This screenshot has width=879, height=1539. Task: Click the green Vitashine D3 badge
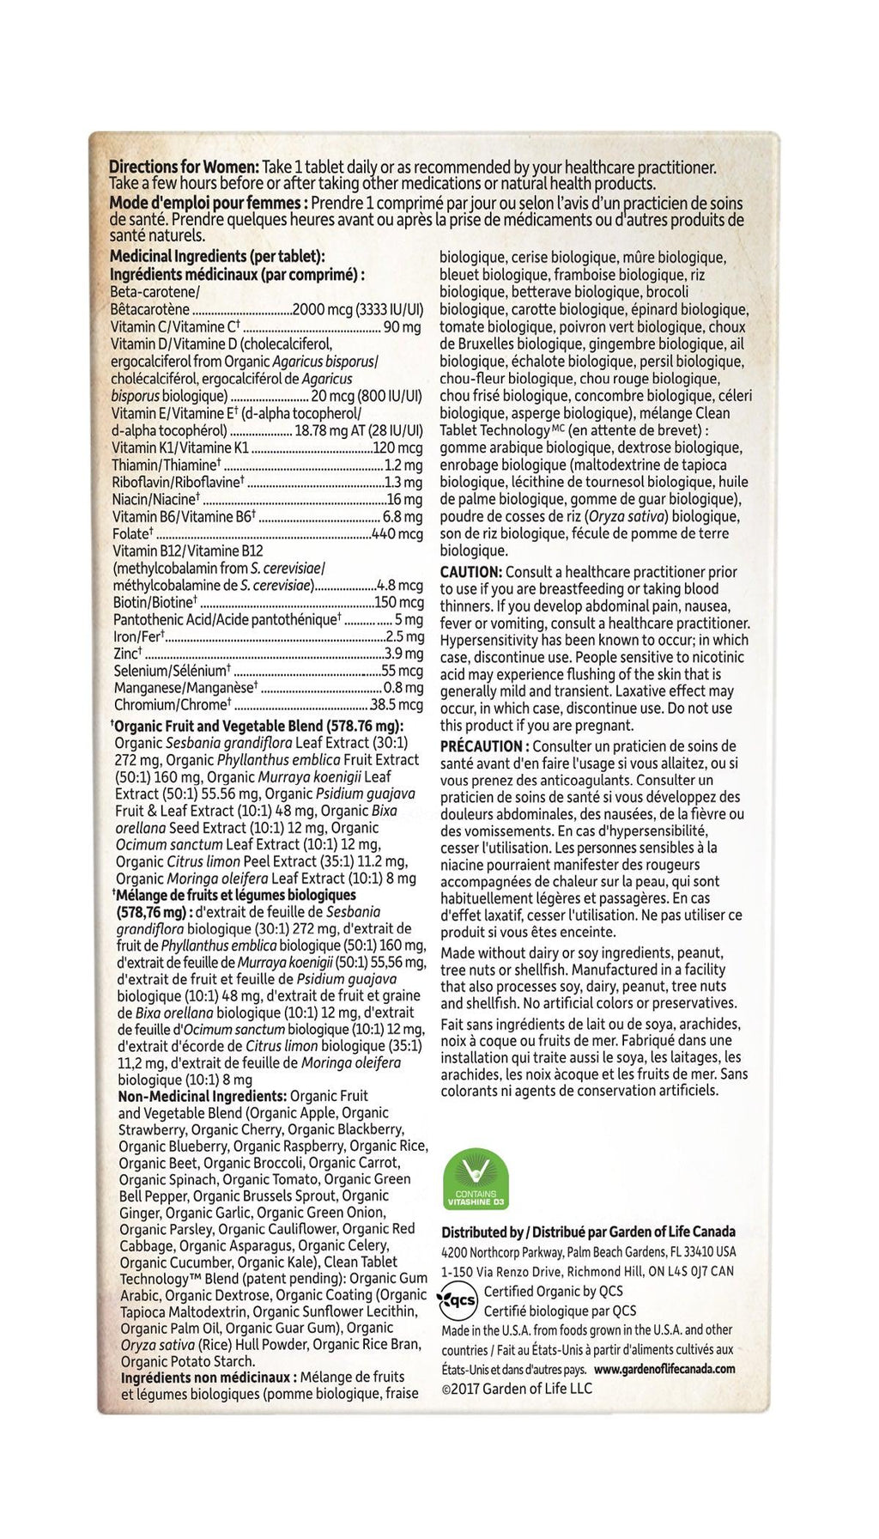[x=475, y=1182]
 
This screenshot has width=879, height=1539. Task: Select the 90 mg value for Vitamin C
[x=402, y=327]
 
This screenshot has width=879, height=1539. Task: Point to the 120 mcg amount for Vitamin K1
[x=397, y=447]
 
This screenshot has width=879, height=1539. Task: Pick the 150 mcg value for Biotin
[x=398, y=602]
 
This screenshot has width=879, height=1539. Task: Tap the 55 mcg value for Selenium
[x=403, y=671]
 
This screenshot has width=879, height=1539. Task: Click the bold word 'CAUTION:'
[x=470, y=572]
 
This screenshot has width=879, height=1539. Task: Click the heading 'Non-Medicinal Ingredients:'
[x=202, y=1097]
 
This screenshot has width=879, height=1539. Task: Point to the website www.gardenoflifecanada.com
[x=664, y=1370]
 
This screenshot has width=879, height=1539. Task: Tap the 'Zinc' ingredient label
[x=127, y=654]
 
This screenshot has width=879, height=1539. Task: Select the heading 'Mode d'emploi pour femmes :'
[x=209, y=204]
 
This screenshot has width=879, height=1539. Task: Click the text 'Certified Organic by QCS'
[x=554, y=1292]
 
